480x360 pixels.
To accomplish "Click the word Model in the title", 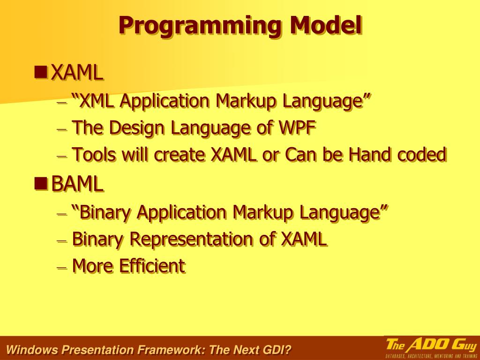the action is [326, 25].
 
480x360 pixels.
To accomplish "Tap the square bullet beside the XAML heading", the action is [41, 72].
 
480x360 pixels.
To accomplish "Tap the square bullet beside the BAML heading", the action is [41, 183].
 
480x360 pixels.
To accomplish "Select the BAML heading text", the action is [77, 184].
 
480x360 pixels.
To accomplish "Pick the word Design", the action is [137, 128].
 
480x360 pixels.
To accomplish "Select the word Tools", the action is [94, 154].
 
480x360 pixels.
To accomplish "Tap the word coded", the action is [422, 154].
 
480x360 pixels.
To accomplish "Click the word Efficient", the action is [152, 266].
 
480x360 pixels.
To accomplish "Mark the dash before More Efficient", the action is [62, 267].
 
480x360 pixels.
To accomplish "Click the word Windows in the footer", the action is [32, 350].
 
